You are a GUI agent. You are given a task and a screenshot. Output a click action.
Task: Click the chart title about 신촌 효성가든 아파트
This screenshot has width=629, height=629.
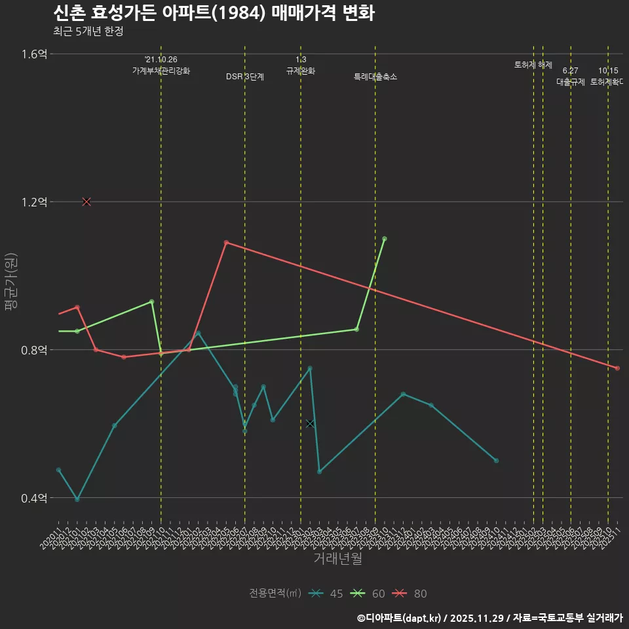tap(214, 13)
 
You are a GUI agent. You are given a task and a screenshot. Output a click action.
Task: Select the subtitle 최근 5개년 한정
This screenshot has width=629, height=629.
tap(88, 31)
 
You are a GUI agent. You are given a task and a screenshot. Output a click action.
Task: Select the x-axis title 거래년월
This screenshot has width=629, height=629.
tap(337, 558)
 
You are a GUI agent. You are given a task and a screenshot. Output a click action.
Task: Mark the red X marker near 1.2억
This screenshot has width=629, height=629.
tap(86, 202)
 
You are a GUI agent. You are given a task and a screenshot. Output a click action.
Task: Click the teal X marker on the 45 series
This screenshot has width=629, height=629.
tap(310, 424)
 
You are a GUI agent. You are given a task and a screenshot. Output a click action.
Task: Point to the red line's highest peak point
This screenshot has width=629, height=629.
tap(226, 242)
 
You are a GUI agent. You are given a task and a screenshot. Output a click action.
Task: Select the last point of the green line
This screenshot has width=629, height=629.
tap(385, 238)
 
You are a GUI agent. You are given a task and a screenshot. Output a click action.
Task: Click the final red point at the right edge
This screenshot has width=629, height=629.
tap(617, 368)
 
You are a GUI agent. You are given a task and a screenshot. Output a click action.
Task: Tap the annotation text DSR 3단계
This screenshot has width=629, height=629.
tap(245, 77)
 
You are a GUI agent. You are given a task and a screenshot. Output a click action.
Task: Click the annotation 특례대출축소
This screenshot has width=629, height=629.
tap(375, 77)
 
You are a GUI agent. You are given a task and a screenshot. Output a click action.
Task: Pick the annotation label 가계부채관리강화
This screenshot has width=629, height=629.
tap(161, 71)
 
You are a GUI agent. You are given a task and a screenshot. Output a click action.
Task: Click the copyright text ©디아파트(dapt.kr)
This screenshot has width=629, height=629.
tap(400, 618)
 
